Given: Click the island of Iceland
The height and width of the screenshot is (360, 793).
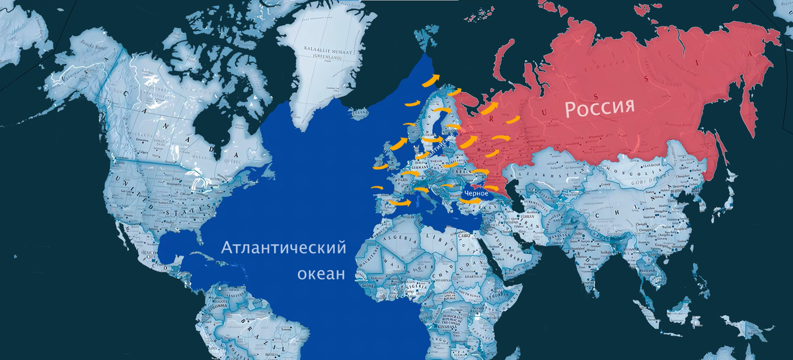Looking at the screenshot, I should [361, 115].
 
